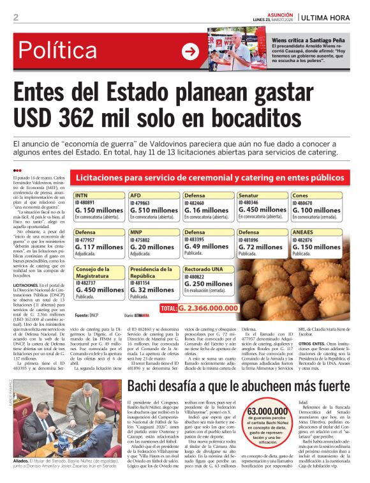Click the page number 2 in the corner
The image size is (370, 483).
[15, 17]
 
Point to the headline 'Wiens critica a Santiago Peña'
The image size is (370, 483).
[310, 40]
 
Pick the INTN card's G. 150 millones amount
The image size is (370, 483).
[99, 210]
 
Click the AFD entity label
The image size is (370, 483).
[135, 196]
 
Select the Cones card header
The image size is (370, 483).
[300, 196]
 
